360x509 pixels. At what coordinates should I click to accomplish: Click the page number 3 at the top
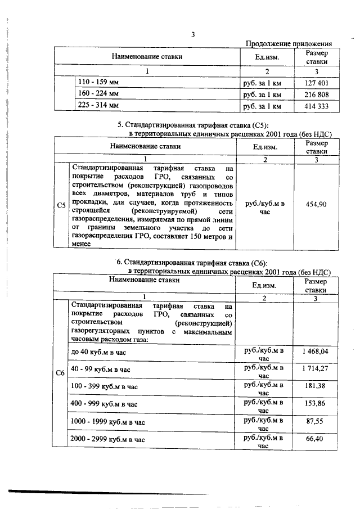[192, 35]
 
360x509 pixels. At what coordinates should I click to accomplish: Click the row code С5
[60, 205]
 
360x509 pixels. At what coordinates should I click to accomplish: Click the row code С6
[60, 372]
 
